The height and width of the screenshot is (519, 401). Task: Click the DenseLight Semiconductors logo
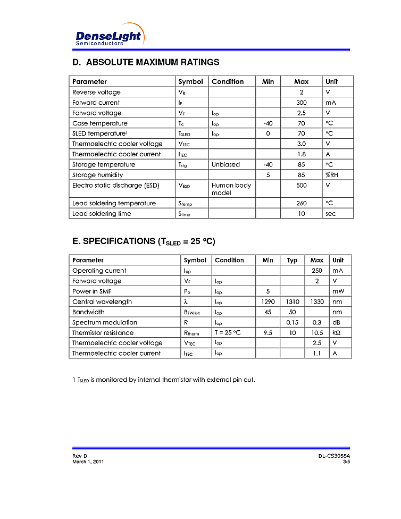click(108, 36)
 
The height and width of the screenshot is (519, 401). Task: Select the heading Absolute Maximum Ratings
click(145, 62)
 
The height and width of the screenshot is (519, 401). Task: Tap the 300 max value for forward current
click(301, 103)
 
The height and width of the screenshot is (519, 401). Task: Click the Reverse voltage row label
click(96, 92)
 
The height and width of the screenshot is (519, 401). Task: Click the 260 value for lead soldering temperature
click(301, 203)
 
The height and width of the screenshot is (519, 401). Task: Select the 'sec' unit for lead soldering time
click(331, 214)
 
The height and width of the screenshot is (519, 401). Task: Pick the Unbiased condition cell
click(225, 165)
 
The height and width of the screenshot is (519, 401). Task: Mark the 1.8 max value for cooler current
click(301, 154)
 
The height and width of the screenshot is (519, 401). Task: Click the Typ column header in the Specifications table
click(292, 260)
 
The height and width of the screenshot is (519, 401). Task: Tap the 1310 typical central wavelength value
click(292, 302)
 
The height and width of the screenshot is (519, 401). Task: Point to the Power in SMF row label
click(92, 291)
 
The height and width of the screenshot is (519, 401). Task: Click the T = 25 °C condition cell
click(228, 333)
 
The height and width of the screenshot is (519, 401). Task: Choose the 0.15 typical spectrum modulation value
click(292, 322)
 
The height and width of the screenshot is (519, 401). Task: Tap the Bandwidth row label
click(88, 312)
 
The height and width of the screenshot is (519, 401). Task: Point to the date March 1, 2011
click(88, 462)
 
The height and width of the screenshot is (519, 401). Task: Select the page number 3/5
click(346, 462)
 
